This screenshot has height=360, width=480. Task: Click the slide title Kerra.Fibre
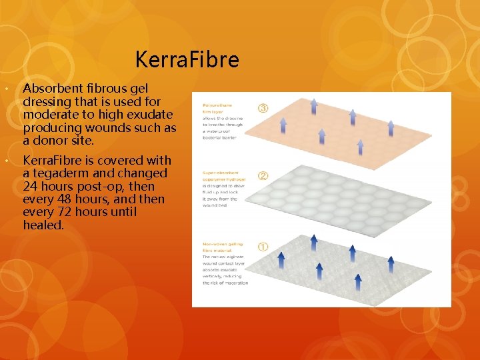coord(187,60)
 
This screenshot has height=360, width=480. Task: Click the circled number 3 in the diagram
coord(263,107)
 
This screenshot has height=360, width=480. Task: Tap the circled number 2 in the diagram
coord(263,176)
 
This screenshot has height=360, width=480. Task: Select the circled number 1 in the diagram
coord(263,246)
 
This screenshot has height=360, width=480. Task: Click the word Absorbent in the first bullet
coord(53,89)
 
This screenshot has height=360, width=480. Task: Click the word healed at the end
coord(42,225)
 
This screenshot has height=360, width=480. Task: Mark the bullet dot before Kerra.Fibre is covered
coord(7,161)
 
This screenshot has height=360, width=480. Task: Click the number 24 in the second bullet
coord(30,187)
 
